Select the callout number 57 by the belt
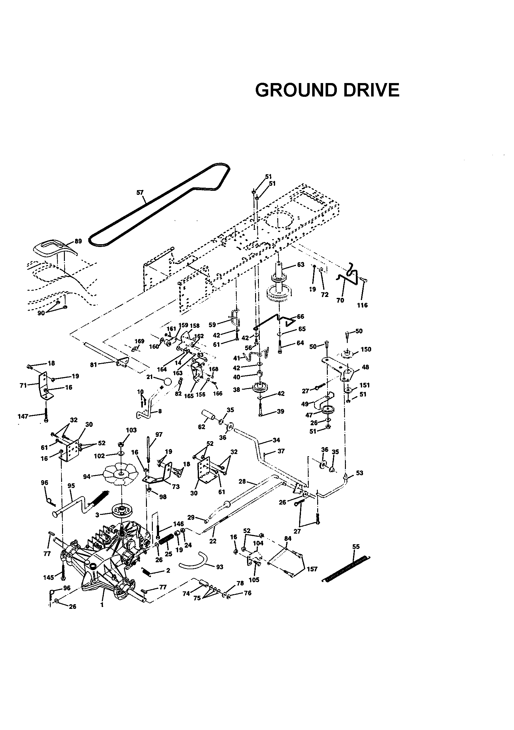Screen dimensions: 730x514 pos(140,192)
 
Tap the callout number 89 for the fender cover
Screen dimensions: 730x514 pos(78,241)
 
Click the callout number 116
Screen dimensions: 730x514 pos(362,305)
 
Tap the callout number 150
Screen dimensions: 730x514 pos(366,349)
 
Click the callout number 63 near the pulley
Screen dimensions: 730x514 pos(300,264)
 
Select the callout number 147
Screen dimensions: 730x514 pos(23,416)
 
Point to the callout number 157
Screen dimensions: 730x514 pos(312,569)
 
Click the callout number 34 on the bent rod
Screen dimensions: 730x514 pos(276,440)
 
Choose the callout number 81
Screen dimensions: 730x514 pos(93,365)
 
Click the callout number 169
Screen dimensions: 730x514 pos(139,341)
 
